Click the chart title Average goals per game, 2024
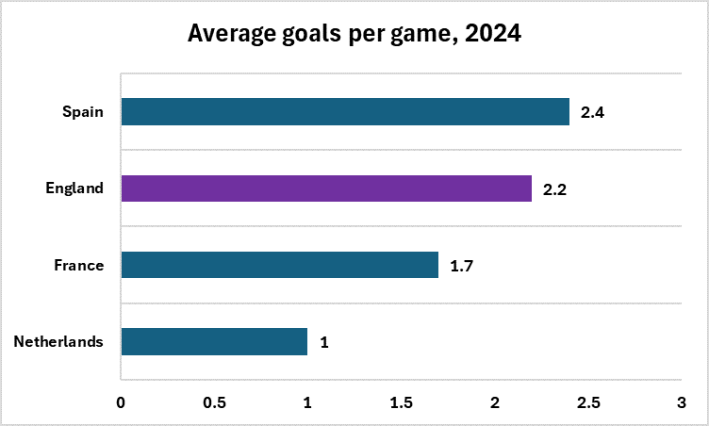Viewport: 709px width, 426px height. [354, 34]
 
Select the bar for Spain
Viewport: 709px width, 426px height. [345, 112]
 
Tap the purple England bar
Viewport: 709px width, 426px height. [326, 188]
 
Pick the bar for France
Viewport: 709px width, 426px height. [279, 265]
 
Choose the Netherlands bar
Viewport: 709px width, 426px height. [214, 341]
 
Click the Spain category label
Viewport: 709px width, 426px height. [83, 112]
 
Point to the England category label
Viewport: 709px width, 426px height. [74, 188]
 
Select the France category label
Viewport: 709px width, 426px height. [78, 265]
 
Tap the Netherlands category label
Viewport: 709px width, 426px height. [58, 341]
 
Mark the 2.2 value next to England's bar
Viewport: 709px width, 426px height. [554, 189]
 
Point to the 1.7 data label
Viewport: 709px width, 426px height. [461, 266]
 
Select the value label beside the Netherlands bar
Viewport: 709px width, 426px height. [324, 342]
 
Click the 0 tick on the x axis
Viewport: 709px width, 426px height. [121, 402]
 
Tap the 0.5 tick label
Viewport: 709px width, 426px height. [214, 402]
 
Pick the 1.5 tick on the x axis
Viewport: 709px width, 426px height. [401, 402]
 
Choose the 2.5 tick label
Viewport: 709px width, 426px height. [588, 402]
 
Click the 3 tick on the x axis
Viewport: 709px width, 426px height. [681, 402]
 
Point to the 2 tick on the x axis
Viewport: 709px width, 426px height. [495, 402]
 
